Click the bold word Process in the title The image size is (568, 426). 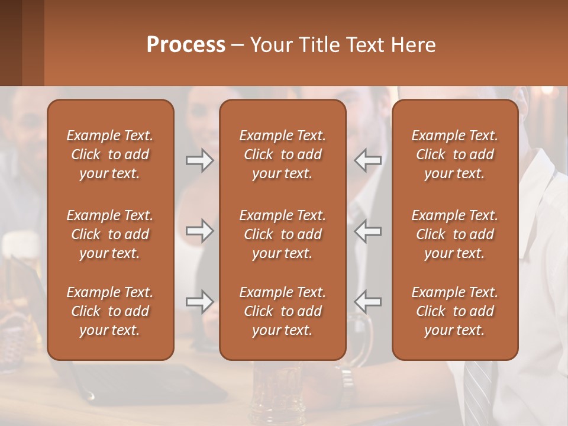click(x=186, y=44)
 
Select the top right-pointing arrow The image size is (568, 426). click(x=199, y=160)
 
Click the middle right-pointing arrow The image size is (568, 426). click(x=199, y=231)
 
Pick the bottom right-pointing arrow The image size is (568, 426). click(x=199, y=302)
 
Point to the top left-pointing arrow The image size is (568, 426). click(x=368, y=160)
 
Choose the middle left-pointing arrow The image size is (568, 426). click(x=368, y=231)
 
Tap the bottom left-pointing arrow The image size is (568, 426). click(x=368, y=302)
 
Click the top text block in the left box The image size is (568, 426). click(x=110, y=154)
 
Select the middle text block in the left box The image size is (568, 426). click(x=110, y=234)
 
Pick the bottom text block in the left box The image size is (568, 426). click(x=110, y=311)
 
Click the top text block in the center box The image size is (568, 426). click(x=282, y=154)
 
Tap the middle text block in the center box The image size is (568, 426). click(x=282, y=234)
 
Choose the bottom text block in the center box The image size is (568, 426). click(x=282, y=311)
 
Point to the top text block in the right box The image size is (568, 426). click(x=454, y=154)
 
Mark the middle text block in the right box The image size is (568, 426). click(x=454, y=234)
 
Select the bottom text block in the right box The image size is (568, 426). click(x=454, y=311)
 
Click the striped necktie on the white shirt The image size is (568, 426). click(x=478, y=390)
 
